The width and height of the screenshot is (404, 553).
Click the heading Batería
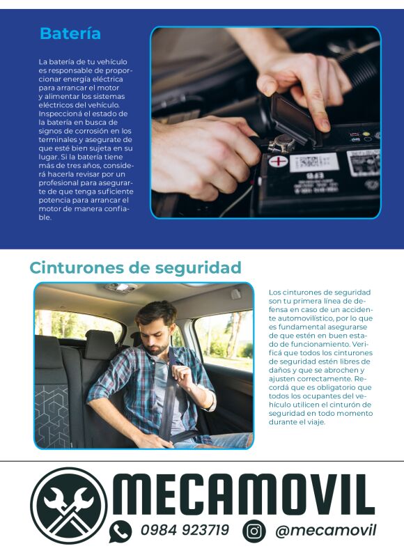click(70, 33)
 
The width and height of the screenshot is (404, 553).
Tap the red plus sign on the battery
click(279, 162)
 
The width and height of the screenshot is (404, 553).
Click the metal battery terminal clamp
click(281, 143)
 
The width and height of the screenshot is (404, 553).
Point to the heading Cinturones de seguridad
click(136, 267)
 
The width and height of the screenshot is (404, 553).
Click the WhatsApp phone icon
click(121, 531)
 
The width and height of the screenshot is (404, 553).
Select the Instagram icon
click(254, 531)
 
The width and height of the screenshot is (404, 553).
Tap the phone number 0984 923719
click(185, 530)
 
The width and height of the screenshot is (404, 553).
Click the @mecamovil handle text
click(326, 531)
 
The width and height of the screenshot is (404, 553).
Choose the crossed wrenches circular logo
click(68, 506)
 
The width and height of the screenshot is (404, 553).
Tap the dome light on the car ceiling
click(122, 287)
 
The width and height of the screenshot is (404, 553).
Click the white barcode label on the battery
click(313, 162)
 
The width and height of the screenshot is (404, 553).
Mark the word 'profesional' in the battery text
click(59, 183)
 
